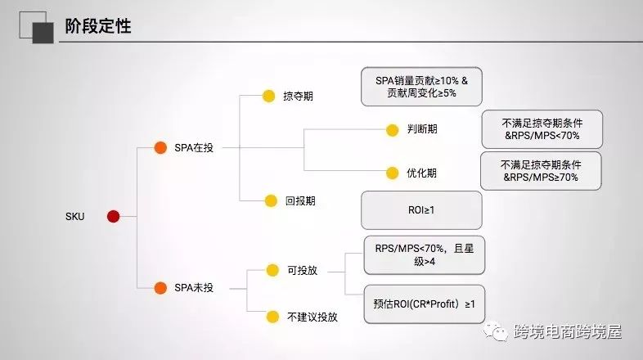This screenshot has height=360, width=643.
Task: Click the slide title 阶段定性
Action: pos(97,28)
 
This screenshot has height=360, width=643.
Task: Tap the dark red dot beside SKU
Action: pos(113,216)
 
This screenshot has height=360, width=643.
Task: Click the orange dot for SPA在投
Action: pos(161,148)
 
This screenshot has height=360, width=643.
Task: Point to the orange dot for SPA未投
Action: pos(161,287)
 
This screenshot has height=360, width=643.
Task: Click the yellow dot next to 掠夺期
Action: pos(268,96)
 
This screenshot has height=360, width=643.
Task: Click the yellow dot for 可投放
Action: pos(272,270)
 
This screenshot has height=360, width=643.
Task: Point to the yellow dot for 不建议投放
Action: pos(272,316)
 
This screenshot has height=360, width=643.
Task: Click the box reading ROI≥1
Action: pos(421,209)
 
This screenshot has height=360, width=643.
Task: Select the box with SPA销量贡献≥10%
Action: pos(420,87)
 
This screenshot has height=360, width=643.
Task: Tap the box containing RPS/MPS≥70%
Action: pos(541,171)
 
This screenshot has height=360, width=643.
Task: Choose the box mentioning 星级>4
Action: pos(425,254)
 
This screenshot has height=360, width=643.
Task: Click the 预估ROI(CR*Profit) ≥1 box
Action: pos(425,304)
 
